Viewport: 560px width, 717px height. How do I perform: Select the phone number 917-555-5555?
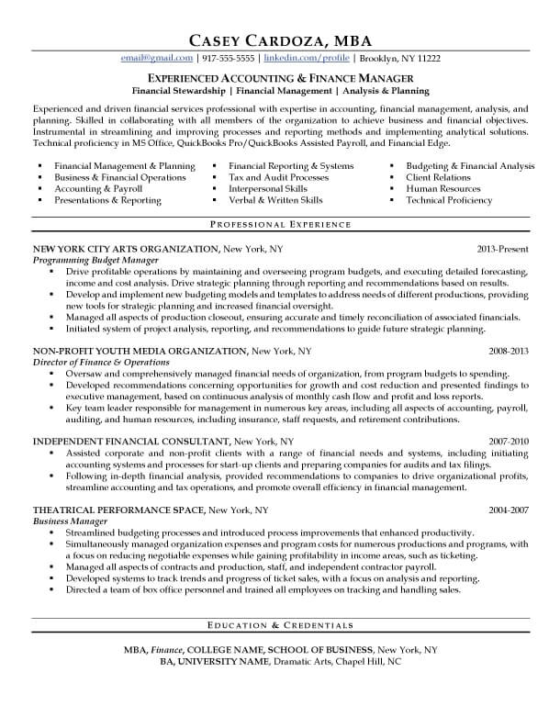coord(223,59)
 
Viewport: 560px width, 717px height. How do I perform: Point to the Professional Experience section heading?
coord(280,224)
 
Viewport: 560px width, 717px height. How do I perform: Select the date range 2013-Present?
coord(503,249)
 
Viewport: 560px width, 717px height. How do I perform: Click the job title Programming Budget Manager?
coord(90,261)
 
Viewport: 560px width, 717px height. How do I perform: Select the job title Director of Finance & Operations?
coord(101,363)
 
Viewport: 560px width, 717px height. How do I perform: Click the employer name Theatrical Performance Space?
coord(118,509)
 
